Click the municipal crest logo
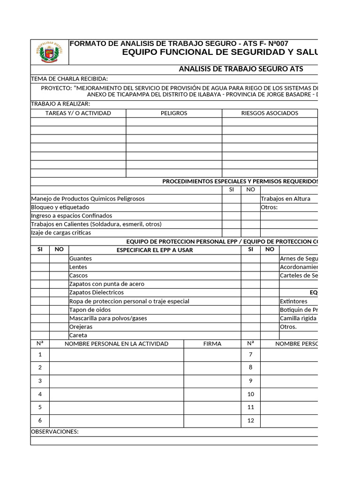(x=49, y=52)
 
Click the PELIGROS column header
(x=173, y=113)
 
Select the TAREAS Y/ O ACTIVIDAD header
(x=78, y=113)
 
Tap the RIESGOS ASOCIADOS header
(x=270, y=113)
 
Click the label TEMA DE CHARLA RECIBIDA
(x=69, y=79)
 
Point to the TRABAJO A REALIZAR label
(x=60, y=104)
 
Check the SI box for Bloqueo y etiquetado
(x=231, y=207)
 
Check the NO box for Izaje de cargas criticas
(x=251, y=232)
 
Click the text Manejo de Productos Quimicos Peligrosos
(x=88, y=199)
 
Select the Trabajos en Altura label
(x=285, y=199)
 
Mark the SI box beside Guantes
(x=40, y=258)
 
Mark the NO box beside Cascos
(x=59, y=276)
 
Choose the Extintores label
(x=293, y=301)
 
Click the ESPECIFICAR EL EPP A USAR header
(x=155, y=250)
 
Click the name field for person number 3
(x=116, y=381)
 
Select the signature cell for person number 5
(x=212, y=407)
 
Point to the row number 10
(x=251, y=394)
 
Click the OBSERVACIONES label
(x=55, y=432)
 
